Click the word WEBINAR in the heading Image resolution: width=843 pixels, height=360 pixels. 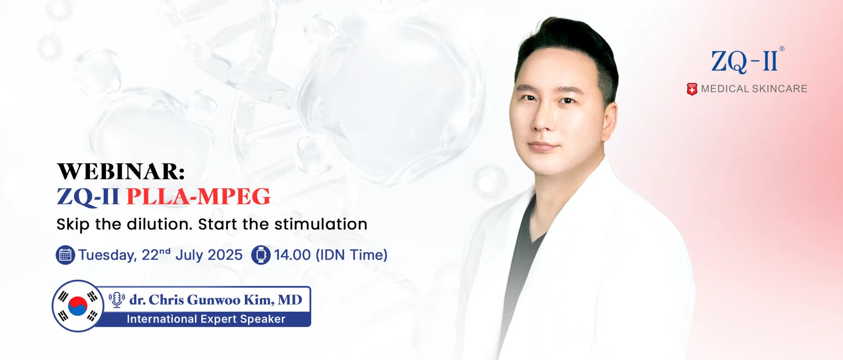tap(118, 171)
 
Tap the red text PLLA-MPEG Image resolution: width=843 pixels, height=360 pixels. tap(198, 196)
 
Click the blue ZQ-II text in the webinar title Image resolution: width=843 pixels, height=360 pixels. tap(88, 197)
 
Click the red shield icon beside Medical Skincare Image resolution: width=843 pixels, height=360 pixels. tap(692, 89)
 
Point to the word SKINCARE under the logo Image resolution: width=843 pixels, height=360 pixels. tap(779, 89)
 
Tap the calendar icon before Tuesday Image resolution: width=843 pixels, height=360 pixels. tap(65, 255)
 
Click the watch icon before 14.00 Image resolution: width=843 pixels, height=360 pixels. tap(261, 255)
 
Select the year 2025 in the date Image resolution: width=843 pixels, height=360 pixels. tap(225, 255)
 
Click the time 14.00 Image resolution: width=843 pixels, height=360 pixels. tap(292, 255)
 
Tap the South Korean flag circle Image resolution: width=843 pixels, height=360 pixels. tap(78, 306)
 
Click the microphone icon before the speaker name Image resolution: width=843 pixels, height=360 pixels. tap(117, 300)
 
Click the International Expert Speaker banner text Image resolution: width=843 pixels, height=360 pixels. tap(206, 319)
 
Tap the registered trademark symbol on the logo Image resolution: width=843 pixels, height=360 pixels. tap(782, 49)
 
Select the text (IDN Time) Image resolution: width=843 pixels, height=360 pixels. tap(352, 255)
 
